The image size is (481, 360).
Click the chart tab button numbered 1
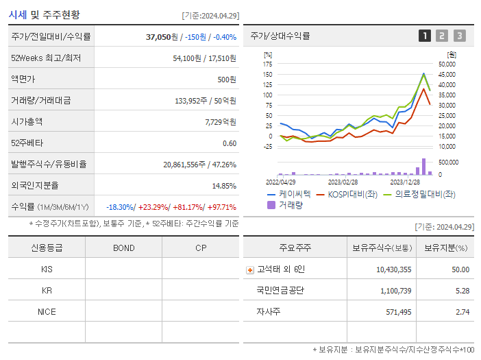click(425, 36)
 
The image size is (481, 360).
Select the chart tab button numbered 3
click(459, 36)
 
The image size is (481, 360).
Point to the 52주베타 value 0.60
click(230, 143)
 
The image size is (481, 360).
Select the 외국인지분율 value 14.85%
click(224, 185)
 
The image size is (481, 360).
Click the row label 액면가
click(23, 79)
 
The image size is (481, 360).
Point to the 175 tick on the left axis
click(268, 64)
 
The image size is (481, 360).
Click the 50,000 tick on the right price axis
click(447, 64)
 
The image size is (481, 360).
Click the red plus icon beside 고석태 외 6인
click(250, 269)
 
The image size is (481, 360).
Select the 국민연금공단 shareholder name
click(280, 290)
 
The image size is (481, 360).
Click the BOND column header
click(123, 248)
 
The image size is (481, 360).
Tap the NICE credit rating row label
click(47, 311)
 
